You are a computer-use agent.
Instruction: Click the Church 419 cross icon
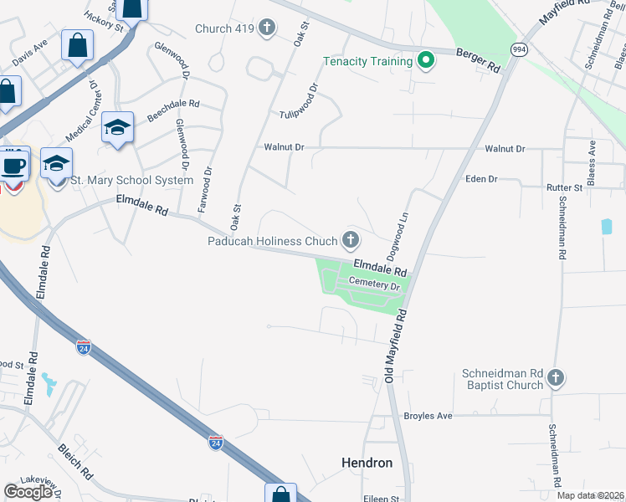[267, 29]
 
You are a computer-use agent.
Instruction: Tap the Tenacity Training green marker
[426, 60]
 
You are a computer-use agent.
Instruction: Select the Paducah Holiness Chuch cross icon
[350, 241]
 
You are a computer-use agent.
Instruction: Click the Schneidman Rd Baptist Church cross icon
[556, 379]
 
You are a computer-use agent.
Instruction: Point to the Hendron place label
[367, 462]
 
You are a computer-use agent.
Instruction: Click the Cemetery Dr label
[376, 284]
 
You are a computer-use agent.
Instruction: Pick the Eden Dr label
[481, 179]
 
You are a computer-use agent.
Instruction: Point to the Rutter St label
[563, 188]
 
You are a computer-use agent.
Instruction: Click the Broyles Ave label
[428, 416]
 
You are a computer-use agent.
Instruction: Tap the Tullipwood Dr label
[300, 100]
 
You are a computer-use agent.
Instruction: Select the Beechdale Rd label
[173, 110]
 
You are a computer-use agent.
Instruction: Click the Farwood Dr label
[203, 187]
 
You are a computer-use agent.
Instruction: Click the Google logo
[28, 492]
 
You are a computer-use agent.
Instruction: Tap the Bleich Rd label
[75, 461]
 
